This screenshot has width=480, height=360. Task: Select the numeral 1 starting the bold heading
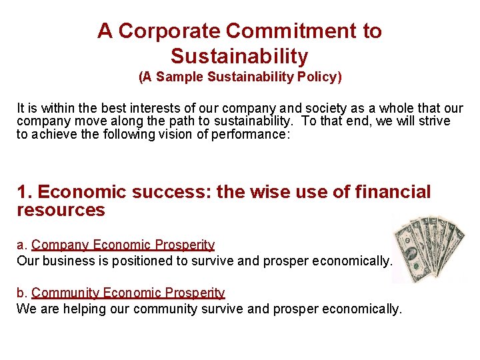click(22, 193)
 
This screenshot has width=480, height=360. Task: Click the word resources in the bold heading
click(61, 211)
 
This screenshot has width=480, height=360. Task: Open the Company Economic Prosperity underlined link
click(123, 245)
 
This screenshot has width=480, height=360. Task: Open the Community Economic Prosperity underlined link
click(128, 293)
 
